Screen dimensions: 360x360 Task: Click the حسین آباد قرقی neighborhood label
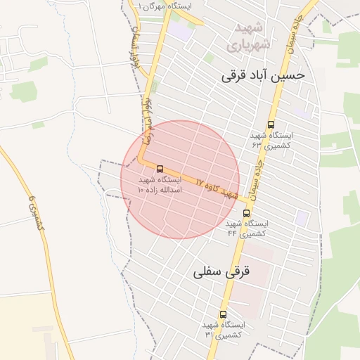tap(264, 75)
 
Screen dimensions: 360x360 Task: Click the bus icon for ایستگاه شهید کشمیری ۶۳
tap(271, 124)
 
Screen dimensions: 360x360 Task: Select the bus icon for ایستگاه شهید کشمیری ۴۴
tap(246, 212)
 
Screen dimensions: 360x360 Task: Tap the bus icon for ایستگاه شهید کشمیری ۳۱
tap(224, 314)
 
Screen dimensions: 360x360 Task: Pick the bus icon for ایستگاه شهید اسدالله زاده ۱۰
tap(160, 169)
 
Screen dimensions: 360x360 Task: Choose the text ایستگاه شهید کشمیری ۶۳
tap(271, 139)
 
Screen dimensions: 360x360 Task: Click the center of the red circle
tap(180, 179)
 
